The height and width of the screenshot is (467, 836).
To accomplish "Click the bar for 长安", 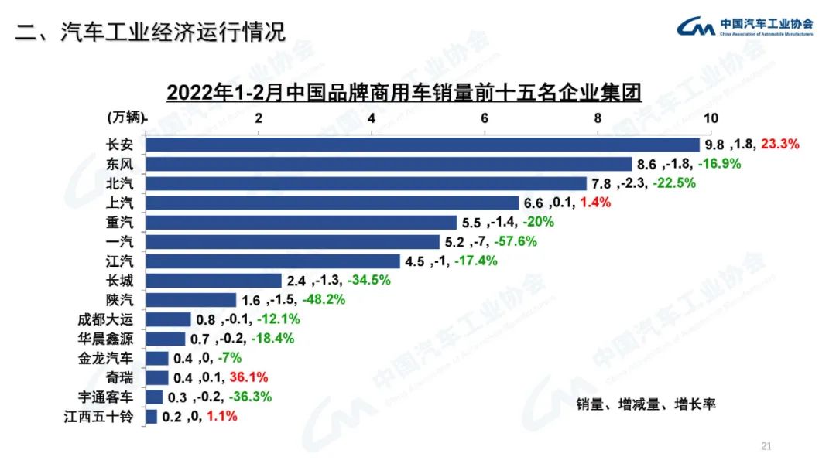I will (422, 145).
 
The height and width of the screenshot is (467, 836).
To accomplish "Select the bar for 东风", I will (389, 164).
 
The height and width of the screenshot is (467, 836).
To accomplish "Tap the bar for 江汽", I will (272, 261).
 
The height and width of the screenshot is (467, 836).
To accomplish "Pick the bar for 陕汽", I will (191, 300).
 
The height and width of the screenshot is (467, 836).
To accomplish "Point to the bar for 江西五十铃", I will (152, 417).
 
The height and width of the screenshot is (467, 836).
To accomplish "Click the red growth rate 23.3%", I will (779, 144).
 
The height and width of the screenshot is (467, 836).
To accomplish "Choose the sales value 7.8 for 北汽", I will (601, 183).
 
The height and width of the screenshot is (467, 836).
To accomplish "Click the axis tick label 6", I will (485, 118).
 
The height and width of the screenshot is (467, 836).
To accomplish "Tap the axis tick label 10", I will (710, 118).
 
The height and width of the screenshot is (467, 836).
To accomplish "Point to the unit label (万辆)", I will (124, 118).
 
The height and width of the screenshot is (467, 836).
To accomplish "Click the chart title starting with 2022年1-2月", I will (405, 93).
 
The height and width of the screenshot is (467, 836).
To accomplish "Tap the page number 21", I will (766, 446).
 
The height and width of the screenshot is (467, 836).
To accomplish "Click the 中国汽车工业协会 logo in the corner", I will (745, 27).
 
